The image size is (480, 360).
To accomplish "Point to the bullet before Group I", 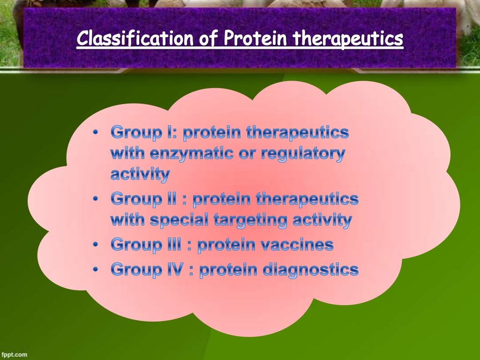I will click(96, 133).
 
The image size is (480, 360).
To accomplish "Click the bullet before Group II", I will click(96, 200).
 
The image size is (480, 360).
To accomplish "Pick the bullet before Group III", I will click(96, 245).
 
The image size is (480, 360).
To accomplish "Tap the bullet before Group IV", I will click(96, 270).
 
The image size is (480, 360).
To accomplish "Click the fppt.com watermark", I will click(15, 355).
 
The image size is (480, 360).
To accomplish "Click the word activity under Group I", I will click(140, 175).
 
